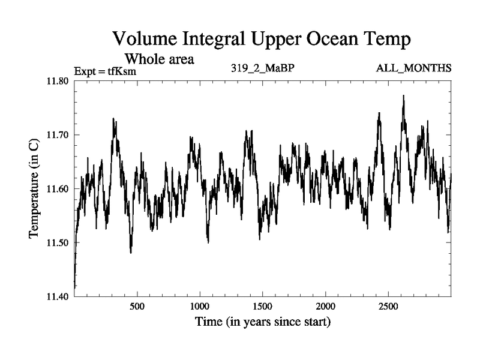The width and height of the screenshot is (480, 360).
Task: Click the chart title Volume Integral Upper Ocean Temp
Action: tap(262, 40)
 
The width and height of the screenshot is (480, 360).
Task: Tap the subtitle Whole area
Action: tap(159, 59)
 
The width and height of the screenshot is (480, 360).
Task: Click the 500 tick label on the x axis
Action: tap(137, 306)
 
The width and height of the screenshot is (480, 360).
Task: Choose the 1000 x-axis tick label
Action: tap(200, 306)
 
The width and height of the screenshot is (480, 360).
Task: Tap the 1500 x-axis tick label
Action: tap(263, 306)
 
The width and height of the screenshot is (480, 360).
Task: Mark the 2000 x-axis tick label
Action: tap(325, 306)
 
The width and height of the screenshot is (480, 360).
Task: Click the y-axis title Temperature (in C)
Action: tap(34, 189)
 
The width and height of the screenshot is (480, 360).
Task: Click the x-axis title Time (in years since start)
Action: tap(262, 322)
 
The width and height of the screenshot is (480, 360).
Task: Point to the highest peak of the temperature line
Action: tap(403, 95)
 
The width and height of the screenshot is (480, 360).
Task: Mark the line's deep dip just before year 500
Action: tap(131, 252)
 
